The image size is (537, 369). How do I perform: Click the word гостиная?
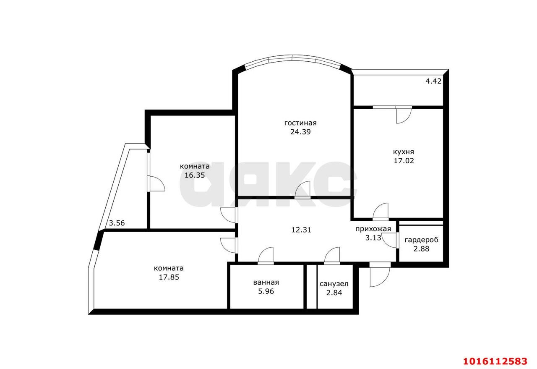click(300, 123)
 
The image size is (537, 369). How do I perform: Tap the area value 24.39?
click(300, 132)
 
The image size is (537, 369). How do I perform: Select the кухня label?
click(404, 152)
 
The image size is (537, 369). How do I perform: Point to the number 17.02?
click(404, 161)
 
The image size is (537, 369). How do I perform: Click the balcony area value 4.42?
click(433, 81)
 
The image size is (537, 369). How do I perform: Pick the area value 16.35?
click(195, 175)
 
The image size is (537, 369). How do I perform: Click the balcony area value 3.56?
click(117, 223)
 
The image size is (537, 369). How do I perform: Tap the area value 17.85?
click(169, 277)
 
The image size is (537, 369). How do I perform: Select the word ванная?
click(266, 283)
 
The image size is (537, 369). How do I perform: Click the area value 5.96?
click(266, 291)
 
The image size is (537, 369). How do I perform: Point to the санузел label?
click(334, 284)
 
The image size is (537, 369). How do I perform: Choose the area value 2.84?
click(334, 293)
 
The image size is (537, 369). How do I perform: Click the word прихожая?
click(373, 229)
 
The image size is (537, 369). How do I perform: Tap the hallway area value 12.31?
click(301, 230)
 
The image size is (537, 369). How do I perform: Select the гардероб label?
click(421, 240)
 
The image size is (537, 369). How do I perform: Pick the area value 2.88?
click(421, 249)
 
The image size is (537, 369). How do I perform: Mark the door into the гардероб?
click(390, 240)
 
